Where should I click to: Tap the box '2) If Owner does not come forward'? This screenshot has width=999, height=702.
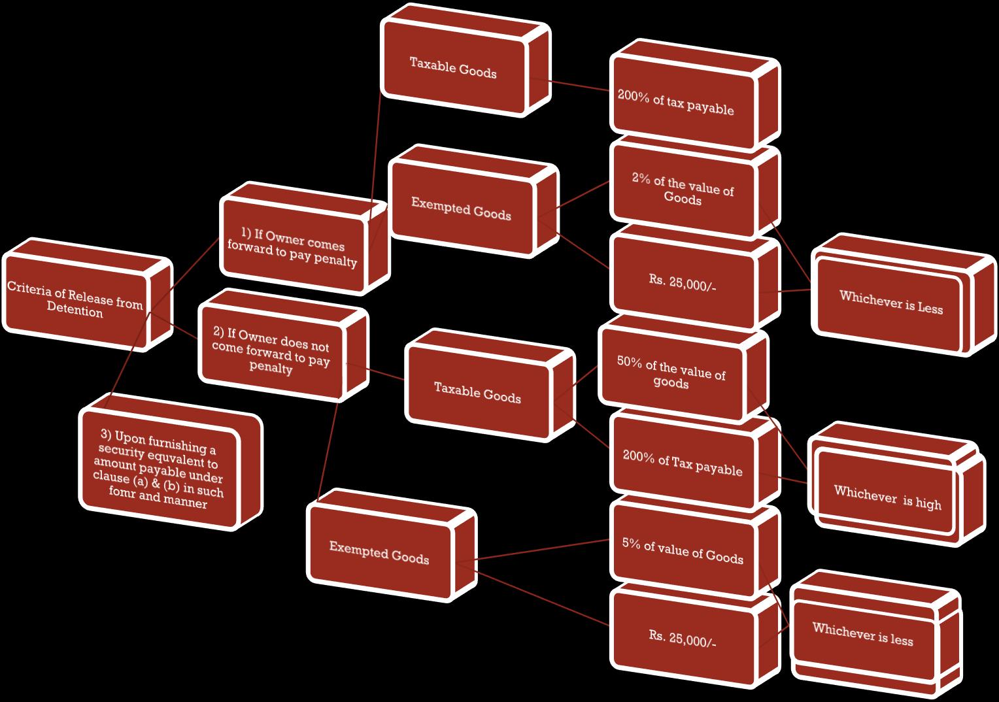(x=271, y=353)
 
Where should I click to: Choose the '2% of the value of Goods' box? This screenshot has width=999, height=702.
(x=683, y=190)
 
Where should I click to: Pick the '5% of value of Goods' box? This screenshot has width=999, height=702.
(x=683, y=553)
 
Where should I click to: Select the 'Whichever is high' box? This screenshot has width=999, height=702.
(x=887, y=498)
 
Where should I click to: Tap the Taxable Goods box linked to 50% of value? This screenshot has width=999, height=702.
(x=477, y=392)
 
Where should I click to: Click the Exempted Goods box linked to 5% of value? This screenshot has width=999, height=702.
(x=379, y=552)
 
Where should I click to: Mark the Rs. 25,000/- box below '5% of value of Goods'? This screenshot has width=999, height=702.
(x=683, y=637)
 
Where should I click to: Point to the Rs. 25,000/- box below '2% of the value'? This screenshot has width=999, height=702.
(x=683, y=282)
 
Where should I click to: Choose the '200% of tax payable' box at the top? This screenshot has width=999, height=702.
(x=676, y=104)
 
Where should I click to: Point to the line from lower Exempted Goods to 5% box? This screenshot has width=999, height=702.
(x=543, y=550)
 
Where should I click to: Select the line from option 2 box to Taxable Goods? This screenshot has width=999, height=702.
(x=376, y=371)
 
